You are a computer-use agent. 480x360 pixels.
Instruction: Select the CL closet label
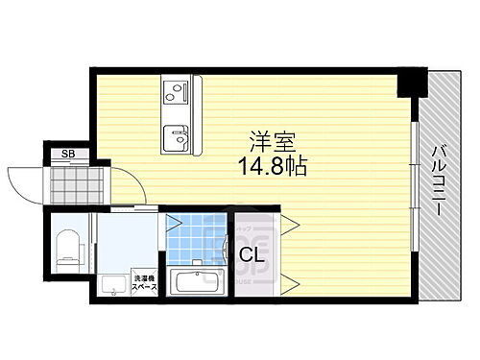(252, 255)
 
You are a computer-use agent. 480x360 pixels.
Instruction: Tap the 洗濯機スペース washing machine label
(142, 281)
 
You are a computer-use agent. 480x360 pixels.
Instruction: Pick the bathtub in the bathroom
(197, 283)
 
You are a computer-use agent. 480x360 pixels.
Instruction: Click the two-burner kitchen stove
(175, 92)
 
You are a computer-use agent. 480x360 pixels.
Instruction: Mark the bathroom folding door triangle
(174, 224)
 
